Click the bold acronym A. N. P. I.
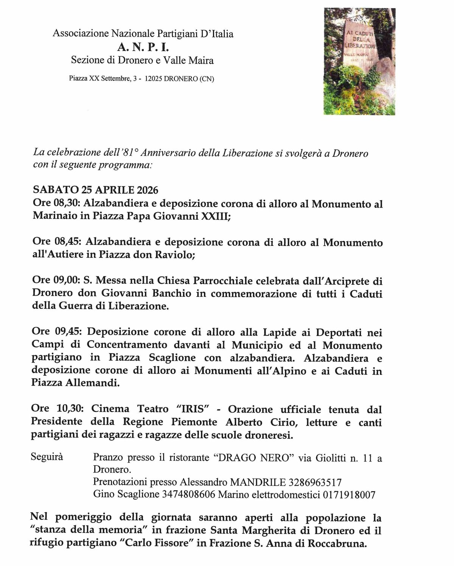pos(143,47)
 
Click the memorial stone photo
pos(359,61)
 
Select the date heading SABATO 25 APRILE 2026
pos(96,189)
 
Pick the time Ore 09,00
pos(56,281)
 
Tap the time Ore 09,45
pos(56,332)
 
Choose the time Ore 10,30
pos(56,409)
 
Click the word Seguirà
pos(47,457)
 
